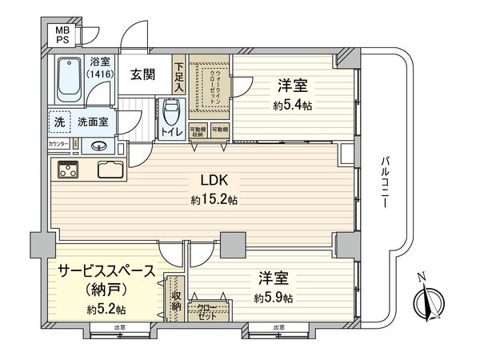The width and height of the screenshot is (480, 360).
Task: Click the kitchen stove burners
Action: pos(68,170)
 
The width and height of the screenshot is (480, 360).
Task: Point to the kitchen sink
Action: pos(110,170)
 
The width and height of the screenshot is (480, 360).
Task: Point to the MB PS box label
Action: pos(61,36)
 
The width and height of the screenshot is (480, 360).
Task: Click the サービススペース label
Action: pos(105,271)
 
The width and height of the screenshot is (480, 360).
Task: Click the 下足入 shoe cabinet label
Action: pos(180,76)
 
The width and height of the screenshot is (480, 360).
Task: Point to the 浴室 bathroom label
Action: pos(99,60)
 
